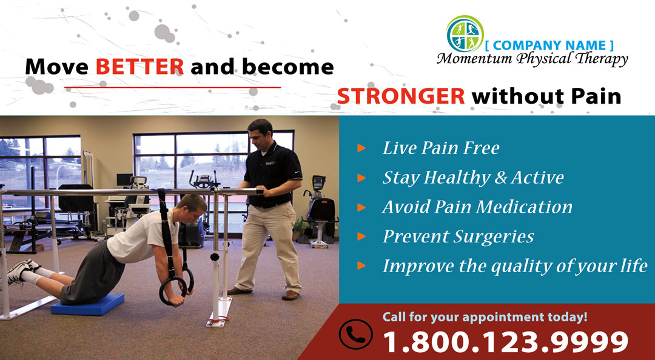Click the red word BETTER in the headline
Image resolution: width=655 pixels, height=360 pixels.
(x=139, y=67)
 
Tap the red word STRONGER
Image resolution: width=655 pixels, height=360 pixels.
(x=401, y=96)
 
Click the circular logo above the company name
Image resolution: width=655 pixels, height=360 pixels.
(x=465, y=34)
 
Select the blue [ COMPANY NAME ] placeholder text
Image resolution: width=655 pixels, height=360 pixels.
(x=549, y=45)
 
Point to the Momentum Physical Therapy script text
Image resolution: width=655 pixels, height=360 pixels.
(x=532, y=59)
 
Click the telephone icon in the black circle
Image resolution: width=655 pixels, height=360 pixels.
(x=355, y=334)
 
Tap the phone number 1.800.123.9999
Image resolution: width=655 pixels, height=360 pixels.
(x=505, y=341)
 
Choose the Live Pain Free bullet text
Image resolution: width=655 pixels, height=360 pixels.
(x=441, y=148)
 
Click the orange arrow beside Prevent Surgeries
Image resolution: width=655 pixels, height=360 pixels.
(x=361, y=236)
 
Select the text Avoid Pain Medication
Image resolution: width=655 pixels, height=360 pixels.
(x=477, y=207)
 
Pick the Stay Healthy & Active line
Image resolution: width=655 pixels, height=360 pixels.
(x=473, y=178)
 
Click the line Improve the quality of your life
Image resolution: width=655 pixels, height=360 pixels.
(x=515, y=266)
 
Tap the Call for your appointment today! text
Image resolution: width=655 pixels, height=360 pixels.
(x=485, y=317)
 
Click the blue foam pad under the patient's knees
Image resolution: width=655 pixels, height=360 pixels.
(x=88, y=304)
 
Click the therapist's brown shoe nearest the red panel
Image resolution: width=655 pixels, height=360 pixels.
(x=291, y=295)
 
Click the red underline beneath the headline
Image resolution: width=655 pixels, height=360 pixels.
(x=172, y=88)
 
